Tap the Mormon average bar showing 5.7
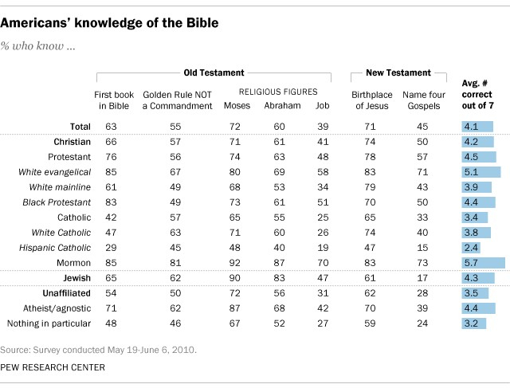tap(483, 263)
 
